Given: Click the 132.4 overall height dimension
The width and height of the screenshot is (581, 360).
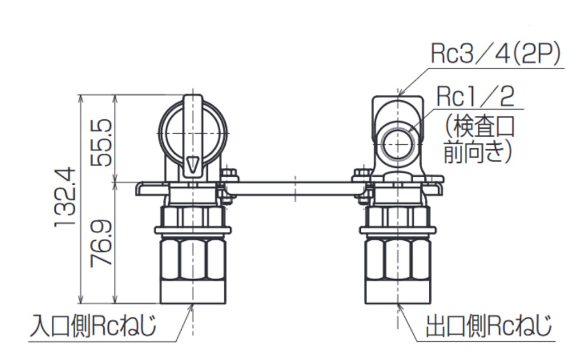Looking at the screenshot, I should (x=66, y=198).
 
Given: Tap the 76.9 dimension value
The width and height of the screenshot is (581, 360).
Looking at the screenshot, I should (x=101, y=243).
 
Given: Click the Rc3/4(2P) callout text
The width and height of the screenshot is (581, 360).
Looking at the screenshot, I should (x=495, y=55).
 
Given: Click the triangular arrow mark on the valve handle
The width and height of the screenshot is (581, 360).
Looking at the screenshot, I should (x=193, y=164).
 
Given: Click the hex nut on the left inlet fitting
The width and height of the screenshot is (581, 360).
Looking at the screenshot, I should (x=193, y=259).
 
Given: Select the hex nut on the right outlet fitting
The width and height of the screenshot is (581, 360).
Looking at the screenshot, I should (x=398, y=259).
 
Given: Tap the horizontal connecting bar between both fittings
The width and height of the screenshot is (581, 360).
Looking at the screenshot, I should (x=296, y=188).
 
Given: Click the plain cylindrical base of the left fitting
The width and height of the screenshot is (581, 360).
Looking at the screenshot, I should (x=193, y=292).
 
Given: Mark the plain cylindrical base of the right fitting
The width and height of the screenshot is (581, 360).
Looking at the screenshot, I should (x=398, y=292).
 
